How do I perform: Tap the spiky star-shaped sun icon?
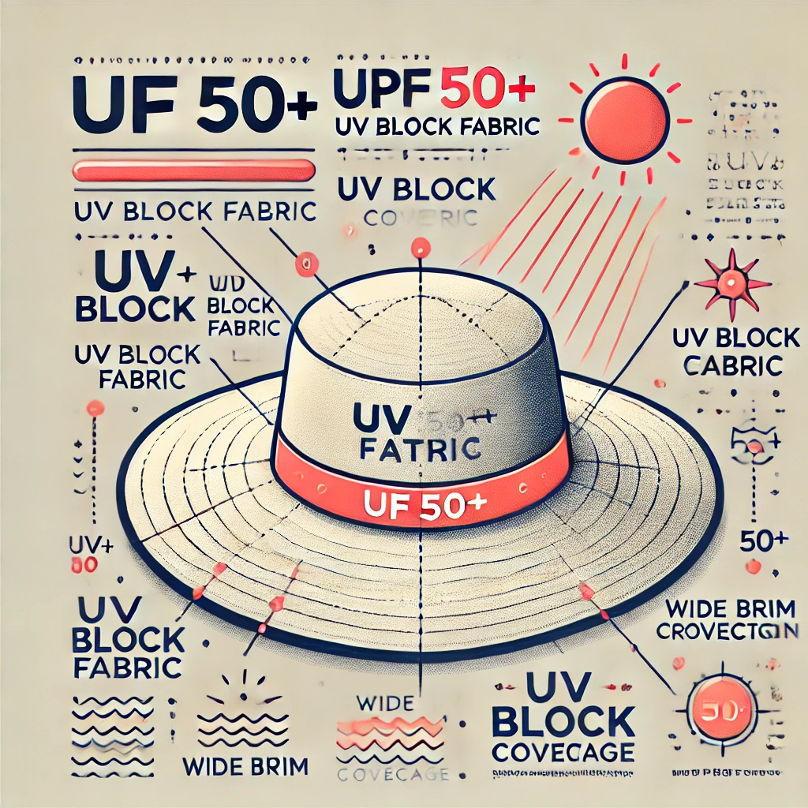[x=733, y=282]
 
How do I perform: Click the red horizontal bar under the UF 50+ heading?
[x=193, y=170]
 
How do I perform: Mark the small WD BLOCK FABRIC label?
[x=239, y=305]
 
